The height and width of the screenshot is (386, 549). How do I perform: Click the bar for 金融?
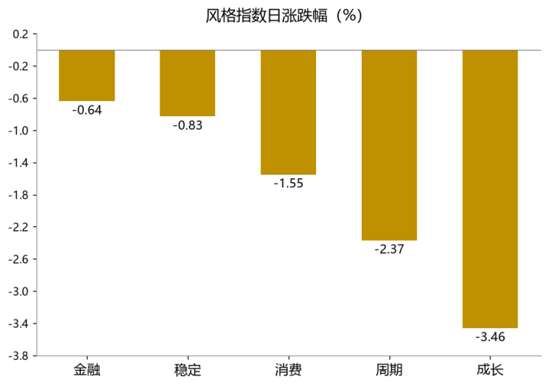coord(87,76)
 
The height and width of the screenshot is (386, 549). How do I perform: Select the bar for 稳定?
coord(188,83)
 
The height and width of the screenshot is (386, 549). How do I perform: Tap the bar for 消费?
coord(288,112)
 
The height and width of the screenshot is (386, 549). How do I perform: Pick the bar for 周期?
coord(389,145)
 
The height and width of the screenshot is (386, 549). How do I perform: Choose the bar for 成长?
coord(490,189)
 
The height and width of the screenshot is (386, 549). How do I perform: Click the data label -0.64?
coord(87,110)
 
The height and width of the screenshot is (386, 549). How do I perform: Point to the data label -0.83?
coord(188,125)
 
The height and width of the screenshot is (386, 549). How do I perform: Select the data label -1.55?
coord(288,183)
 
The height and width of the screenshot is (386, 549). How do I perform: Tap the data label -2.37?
coord(389,249)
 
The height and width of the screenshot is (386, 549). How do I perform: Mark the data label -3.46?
coord(490,337)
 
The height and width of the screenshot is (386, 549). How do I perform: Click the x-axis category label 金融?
coord(87,370)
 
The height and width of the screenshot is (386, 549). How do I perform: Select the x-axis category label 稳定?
coord(188,370)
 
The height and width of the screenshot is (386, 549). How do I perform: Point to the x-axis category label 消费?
coord(288,370)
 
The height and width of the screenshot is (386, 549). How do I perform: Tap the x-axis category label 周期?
coord(389,370)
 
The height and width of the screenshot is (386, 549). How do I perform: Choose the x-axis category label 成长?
coord(490,370)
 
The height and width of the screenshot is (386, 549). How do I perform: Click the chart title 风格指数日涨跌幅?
coord(267,16)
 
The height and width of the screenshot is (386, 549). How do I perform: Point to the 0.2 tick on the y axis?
coord(20,34)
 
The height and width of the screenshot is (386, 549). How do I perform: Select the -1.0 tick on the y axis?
coord(18,130)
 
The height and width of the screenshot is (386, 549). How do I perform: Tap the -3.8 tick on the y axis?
coord(18,356)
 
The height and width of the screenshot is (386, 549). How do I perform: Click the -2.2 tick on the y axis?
coord(18,227)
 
